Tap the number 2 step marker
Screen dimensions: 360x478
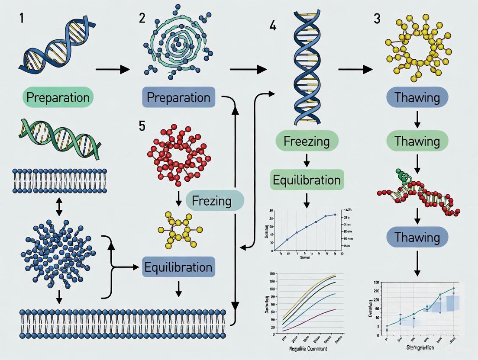(x=142, y=19)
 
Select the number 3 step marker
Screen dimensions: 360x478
(x=377, y=19)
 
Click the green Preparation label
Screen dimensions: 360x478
(x=58, y=97)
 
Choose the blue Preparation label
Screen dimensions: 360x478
(x=178, y=97)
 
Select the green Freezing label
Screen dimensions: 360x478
(x=307, y=141)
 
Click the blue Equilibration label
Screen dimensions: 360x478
(x=178, y=267)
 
